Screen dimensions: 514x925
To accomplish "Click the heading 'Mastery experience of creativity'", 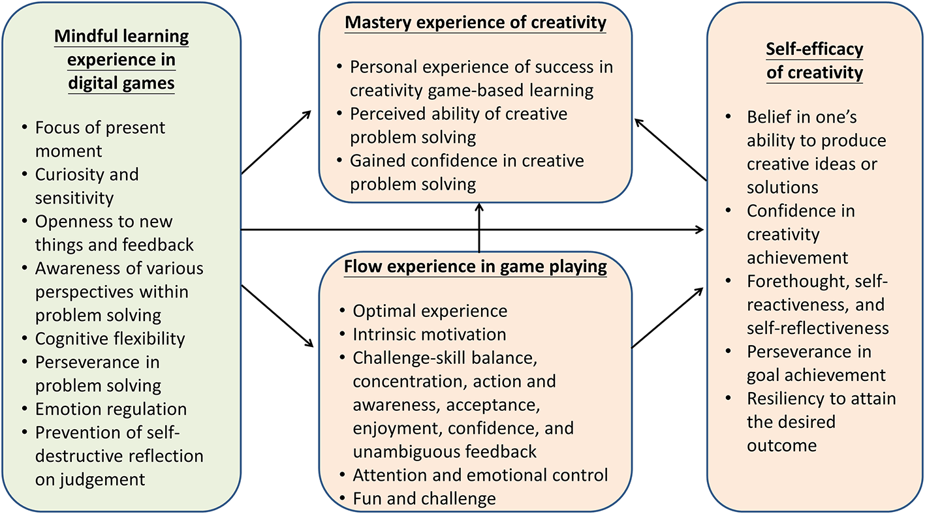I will click(475, 23).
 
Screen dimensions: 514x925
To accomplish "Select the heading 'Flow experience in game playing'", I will click(477, 267).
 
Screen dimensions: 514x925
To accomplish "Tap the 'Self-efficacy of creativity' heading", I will click(815, 61).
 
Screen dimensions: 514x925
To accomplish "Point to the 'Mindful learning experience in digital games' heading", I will click(121, 61).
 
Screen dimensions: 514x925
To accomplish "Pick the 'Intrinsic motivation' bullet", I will click(429, 335).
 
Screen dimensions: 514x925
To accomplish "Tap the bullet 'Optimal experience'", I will click(430, 311).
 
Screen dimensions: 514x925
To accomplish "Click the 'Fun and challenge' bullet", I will click(424, 499).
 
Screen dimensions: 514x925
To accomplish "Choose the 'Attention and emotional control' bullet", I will click(480, 475).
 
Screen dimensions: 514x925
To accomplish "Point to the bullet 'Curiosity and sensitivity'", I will click(87, 186).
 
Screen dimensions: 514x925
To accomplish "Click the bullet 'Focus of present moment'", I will click(100, 138).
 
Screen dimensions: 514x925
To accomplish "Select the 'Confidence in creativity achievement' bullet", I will click(800, 234).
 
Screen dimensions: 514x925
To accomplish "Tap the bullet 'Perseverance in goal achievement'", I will click(816, 363).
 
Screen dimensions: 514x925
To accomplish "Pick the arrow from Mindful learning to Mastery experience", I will click(276, 142).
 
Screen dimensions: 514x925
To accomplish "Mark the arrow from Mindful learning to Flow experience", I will click(276, 315).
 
